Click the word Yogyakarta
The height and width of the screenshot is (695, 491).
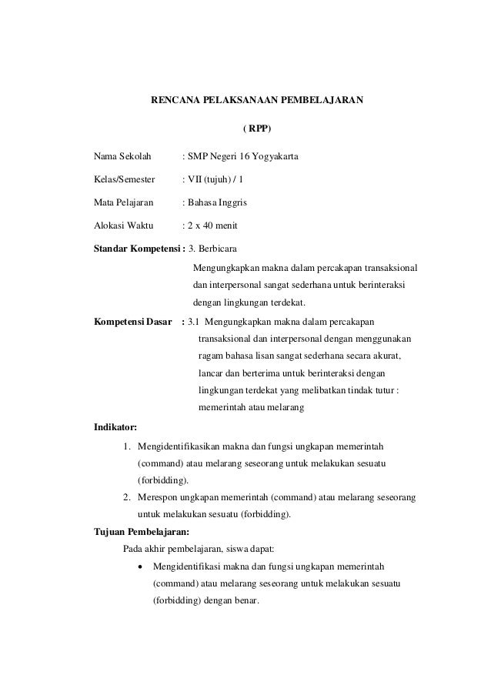(275, 158)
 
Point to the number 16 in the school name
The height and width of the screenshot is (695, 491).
(242, 158)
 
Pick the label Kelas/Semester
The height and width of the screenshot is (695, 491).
(124, 180)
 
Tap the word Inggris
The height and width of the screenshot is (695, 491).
(231, 203)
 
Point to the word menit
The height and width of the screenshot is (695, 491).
(225, 226)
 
